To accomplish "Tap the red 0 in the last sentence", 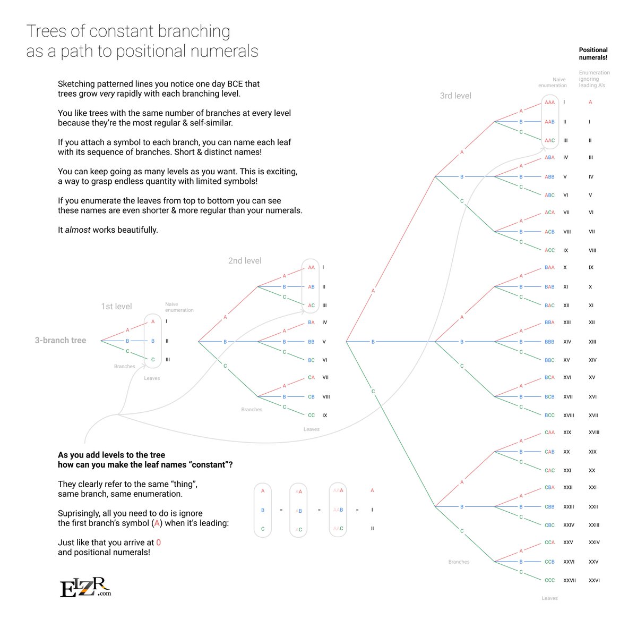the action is (158, 543).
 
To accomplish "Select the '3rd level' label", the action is (455, 96).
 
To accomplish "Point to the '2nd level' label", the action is (245, 260).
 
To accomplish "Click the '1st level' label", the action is (116, 306).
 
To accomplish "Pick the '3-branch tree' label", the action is (61, 340).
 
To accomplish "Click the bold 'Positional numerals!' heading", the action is (593, 54).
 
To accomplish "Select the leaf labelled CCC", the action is (549, 580).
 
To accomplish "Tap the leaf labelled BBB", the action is (549, 342).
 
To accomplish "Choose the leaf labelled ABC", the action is (549, 195).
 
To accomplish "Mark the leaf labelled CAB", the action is (549, 452).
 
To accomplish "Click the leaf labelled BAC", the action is (549, 306).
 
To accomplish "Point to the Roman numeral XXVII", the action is (570, 580).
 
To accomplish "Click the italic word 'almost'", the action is (78, 230).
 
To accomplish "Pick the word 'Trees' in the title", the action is (47, 31).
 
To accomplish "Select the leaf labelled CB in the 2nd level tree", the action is (311, 396).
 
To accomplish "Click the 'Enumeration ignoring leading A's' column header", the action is (594, 79).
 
